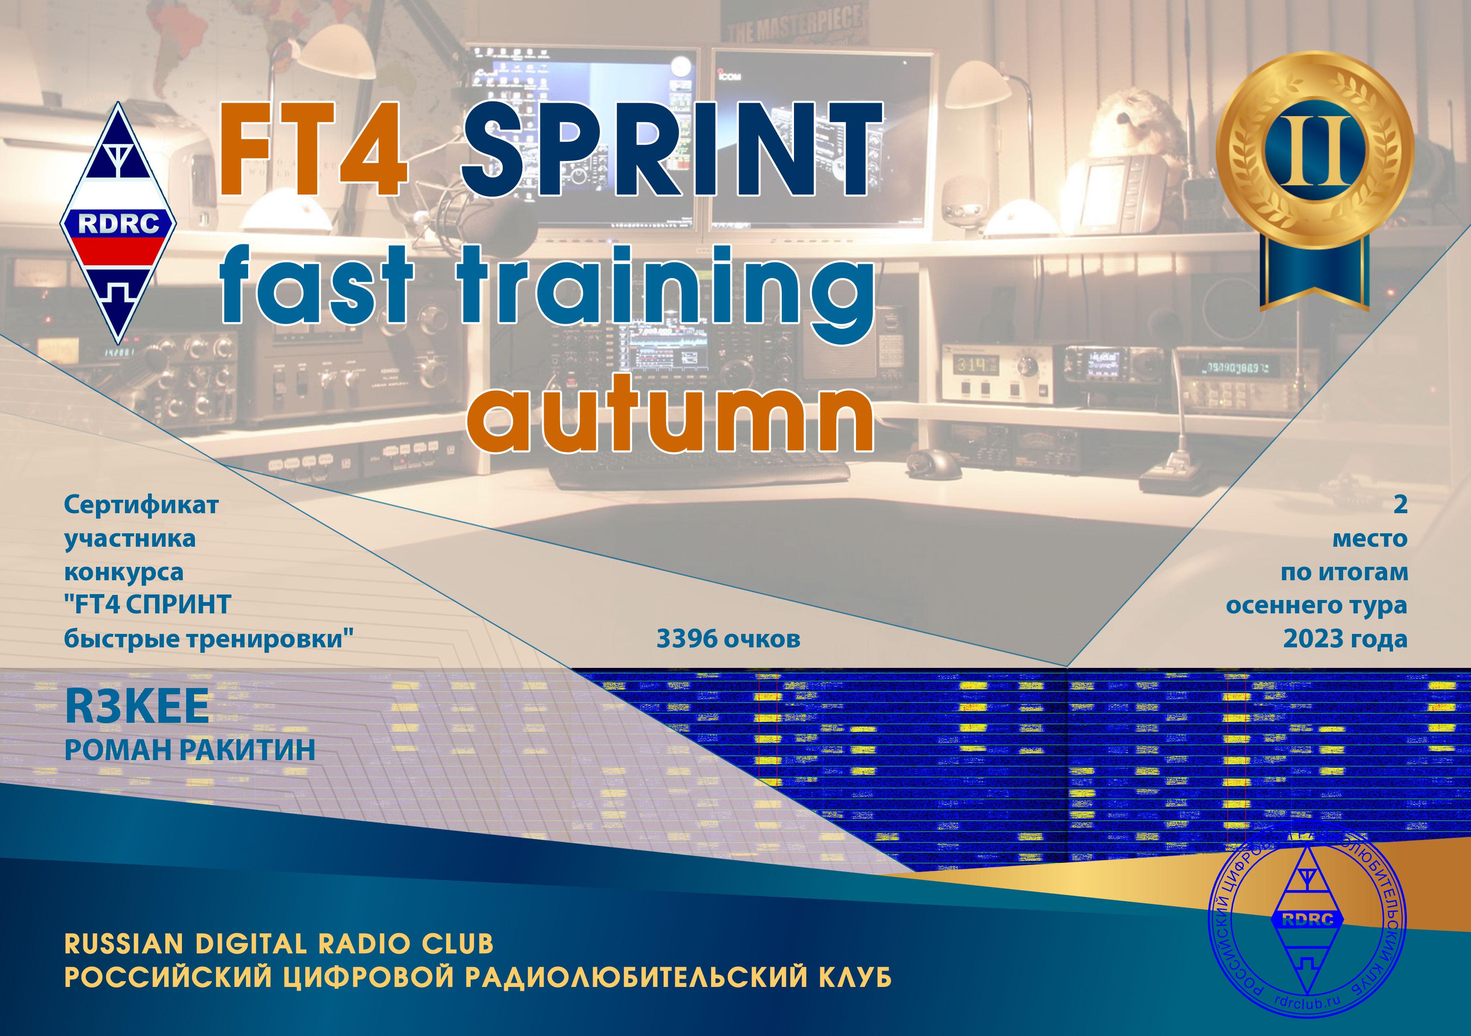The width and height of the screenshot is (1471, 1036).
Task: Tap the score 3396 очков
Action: [x=729, y=639]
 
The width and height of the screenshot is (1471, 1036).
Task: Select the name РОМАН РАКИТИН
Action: [x=189, y=750]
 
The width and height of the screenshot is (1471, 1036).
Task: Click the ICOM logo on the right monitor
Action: [x=728, y=75]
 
